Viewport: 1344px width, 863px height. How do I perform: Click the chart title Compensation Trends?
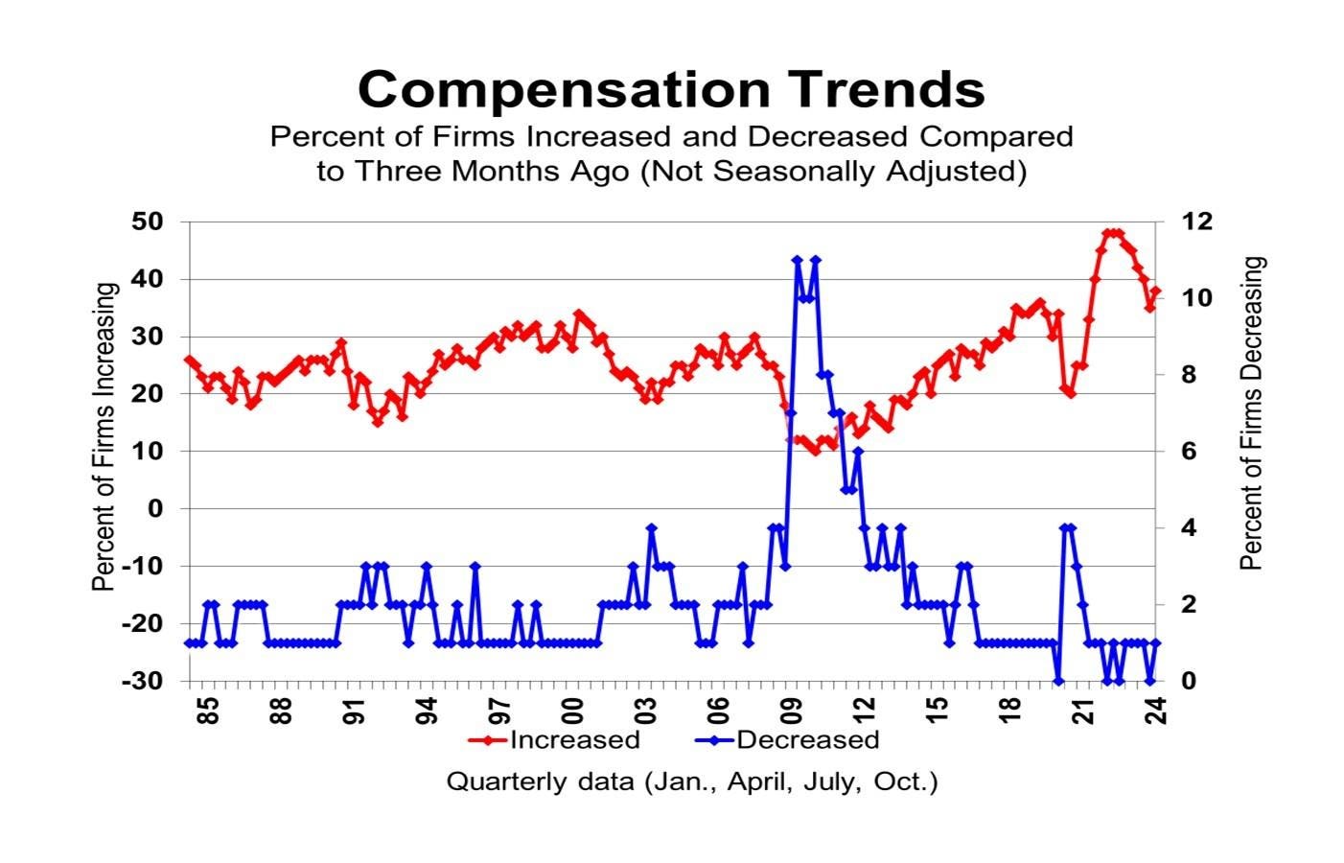click(x=671, y=89)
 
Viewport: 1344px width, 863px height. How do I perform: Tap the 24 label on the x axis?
click(x=1155, y=711)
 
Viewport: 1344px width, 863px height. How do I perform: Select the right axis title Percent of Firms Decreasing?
click(x=1251, y=414)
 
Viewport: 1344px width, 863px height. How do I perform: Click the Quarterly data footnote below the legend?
click(x=691, y=781)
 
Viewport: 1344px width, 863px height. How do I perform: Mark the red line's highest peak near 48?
click(x=1112, y=233)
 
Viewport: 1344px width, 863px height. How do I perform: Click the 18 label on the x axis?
click(x=1009, y=711)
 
